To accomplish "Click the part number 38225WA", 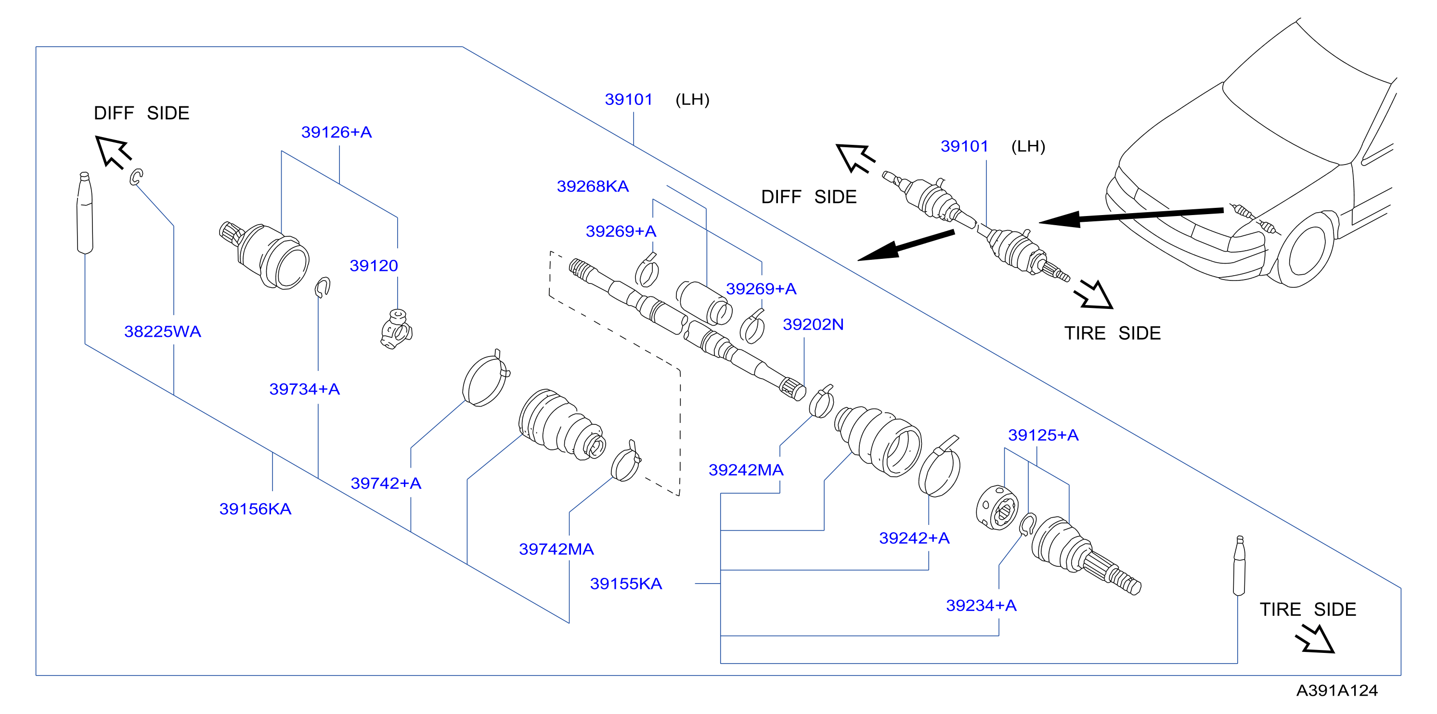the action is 162,331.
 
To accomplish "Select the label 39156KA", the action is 255,509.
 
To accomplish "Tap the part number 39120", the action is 374,266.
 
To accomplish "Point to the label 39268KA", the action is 593,186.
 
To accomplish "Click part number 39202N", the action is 813,324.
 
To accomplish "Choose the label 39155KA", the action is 626,584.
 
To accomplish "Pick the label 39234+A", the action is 981,605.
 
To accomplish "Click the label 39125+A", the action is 1043,435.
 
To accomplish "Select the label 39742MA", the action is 556,549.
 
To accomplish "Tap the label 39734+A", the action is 305,389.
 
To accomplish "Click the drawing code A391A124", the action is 1337,690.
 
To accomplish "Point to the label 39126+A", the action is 337,132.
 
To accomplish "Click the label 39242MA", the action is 746,470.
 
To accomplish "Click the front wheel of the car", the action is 1306,250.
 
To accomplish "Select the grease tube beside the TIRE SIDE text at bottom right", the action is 1239,566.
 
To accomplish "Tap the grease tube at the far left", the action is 85,213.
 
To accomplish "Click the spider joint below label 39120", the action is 397,330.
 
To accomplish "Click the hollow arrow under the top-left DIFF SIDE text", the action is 113,152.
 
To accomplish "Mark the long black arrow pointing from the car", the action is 1131,216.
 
